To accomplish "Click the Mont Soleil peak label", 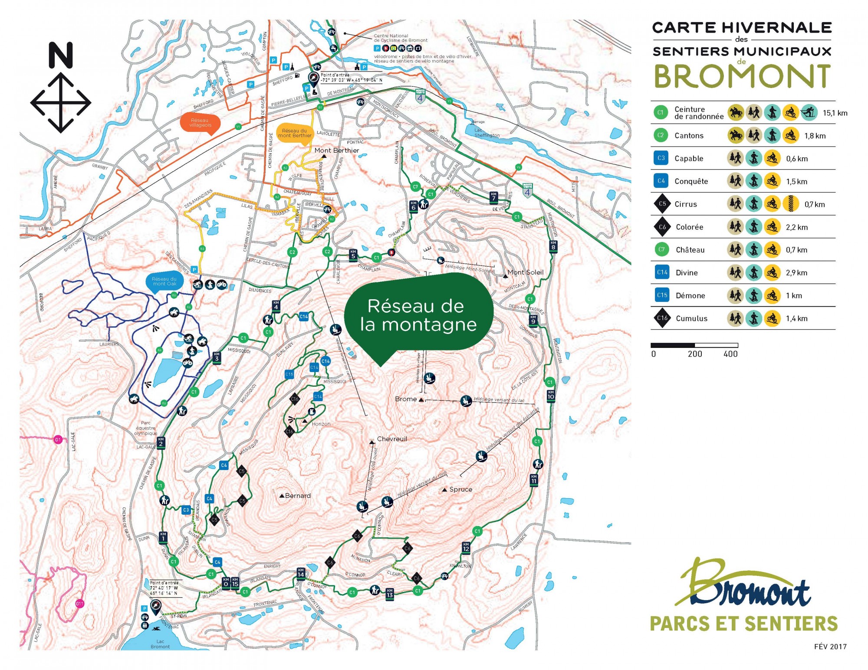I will coord(525,272).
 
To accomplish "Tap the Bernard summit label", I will coord(298,496).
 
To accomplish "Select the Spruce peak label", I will coord(460,489).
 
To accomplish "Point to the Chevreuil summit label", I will coord(392,439).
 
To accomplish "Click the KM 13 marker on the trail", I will coord(389,593).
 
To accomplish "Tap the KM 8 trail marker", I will coord(553,245).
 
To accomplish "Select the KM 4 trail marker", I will coord(276,305).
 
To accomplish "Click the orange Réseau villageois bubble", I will coord(200,123).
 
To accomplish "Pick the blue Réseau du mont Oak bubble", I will coord(164,281).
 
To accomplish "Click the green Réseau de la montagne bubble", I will coord(418,316).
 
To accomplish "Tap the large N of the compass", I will coord(60,55).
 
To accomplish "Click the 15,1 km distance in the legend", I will coord(835,113).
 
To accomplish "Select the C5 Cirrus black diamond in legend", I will coord(662,204).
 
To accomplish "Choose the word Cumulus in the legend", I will coord(691,318).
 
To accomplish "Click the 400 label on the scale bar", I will coord(730,354).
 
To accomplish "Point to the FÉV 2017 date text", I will coord(830,647).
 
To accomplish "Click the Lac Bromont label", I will coord(160,644).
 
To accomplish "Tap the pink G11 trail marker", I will coord(79,604).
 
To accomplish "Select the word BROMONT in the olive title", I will coord(742,76).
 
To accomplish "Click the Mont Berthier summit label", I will coord(336,150).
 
